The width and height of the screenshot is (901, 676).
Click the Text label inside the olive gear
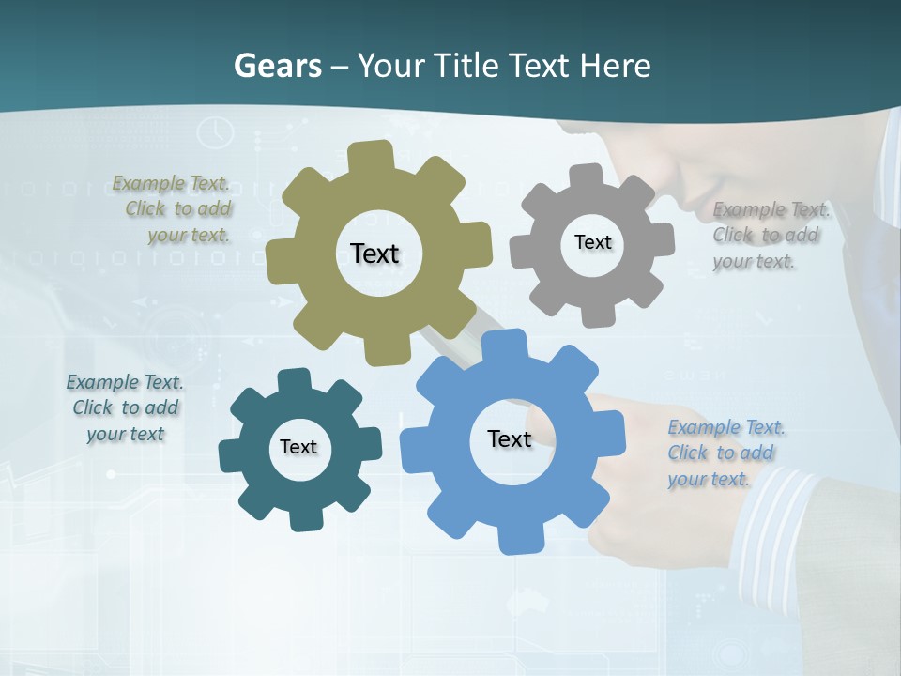pos(374,253)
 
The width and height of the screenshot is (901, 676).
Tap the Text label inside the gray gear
pos(592,242)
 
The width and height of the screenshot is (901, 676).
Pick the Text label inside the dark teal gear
pos(298,447)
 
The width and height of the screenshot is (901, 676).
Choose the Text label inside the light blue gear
pos(510,438)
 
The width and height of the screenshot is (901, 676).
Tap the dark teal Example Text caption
pos(125,407)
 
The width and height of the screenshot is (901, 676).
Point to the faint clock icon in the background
pos(215,131)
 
